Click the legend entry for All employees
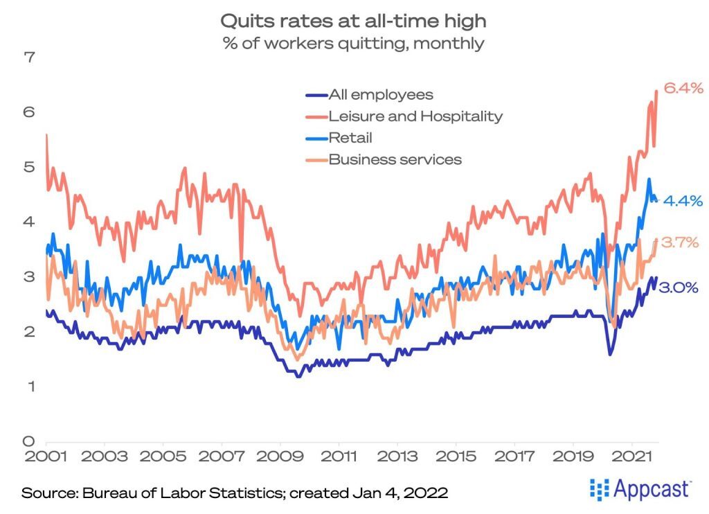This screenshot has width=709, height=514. (381, 95)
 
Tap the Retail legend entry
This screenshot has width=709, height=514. (350, 138)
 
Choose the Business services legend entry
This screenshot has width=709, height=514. (395, 159)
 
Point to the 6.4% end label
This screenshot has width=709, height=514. (683, 88)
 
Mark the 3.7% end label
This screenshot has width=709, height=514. (679, 242)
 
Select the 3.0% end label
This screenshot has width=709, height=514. (678, 288)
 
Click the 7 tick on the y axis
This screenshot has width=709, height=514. (29, 57)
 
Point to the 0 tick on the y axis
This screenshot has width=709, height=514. (29, 441)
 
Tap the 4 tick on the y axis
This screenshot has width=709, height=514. (29, 222)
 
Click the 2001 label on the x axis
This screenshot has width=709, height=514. (46, 459)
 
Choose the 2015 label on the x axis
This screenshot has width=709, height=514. (456, 459)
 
